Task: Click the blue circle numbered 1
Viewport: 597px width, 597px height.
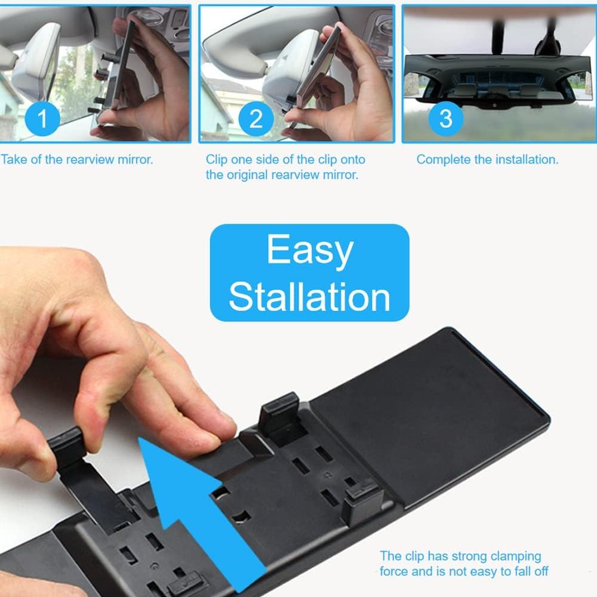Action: pyautogui.click(x=42, y=119)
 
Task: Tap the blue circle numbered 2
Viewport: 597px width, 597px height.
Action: pyautogui.click(x=256, y=118)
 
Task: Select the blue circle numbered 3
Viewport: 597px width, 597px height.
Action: pyautogui.click(x=445, y=118)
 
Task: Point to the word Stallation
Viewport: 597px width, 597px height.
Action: pyautogui.click(x=309, y=296)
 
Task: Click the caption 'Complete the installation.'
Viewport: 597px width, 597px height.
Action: pyautogui.click(x=487, y=159)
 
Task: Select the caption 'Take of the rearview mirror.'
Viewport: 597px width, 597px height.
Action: pyautogui.click(x=77, y=159)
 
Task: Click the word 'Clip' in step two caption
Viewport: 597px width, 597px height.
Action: pyautogui.click(x=217, y=159)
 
